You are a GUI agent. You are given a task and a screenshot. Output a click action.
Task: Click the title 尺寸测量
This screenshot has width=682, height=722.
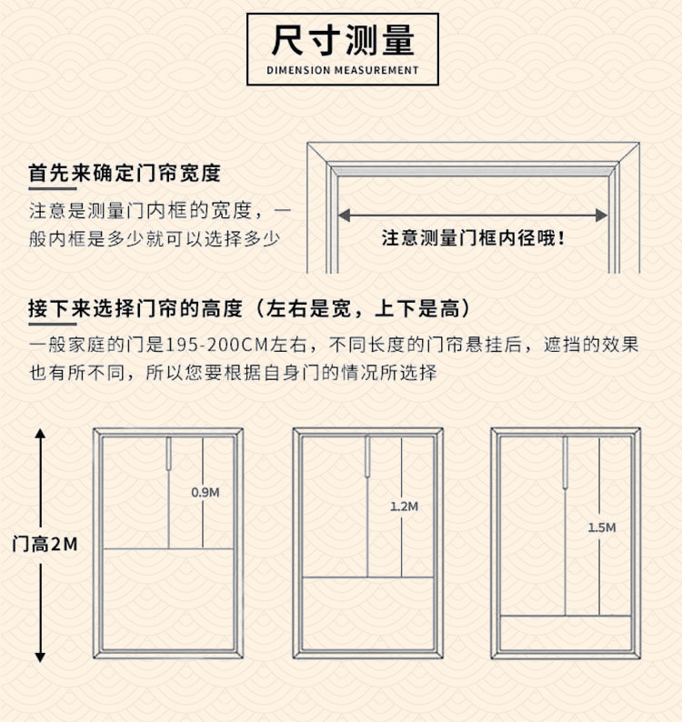click(344, 40)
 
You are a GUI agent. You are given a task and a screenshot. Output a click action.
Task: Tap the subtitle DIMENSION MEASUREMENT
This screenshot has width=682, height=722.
click(344, 70)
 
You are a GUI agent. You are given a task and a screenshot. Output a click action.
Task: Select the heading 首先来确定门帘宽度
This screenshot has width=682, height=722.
click(125, 173)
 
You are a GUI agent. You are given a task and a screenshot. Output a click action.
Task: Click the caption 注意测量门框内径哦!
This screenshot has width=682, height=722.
click(474, 239)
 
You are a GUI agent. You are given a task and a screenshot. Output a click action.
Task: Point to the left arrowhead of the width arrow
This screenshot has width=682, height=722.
click(345, 216)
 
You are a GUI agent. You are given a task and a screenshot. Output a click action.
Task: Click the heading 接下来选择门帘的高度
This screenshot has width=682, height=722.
click(135, 308)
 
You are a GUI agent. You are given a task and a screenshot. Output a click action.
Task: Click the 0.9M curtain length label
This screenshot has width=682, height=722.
click(205, 492)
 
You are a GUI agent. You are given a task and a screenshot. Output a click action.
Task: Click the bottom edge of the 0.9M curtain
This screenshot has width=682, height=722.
click(168, 548)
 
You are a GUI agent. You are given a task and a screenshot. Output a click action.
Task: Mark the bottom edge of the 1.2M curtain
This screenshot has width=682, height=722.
click(367, 577)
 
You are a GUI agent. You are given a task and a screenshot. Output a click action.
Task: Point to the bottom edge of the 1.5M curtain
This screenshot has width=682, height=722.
click(566, 616)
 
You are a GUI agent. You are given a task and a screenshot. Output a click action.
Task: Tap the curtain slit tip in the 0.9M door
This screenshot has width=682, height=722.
click(169, 467)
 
